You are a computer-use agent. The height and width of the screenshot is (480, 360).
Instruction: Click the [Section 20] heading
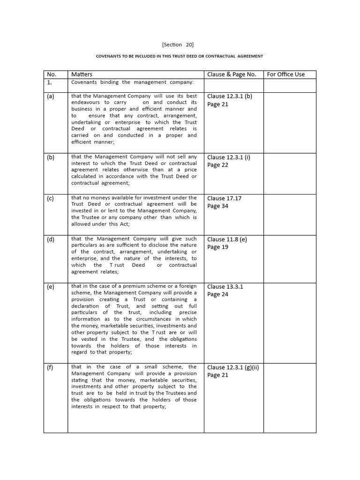(178, 45)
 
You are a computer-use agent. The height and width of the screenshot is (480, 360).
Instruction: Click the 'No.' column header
(52, 74)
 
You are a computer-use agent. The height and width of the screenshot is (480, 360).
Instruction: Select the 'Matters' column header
(82, 74)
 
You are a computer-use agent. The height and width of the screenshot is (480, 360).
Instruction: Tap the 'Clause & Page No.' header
(232, 74)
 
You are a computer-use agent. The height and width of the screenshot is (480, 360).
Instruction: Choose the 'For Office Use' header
(285, 74)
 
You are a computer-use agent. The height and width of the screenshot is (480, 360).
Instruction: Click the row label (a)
(50, 96)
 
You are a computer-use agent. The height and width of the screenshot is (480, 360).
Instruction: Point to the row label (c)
(50, 198)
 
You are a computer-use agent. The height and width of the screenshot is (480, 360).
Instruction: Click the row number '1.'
(49, 82)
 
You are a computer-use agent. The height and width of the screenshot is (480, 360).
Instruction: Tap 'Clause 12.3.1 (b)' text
(230, 96)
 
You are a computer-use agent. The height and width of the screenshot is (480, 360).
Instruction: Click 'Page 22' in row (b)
(217, 165)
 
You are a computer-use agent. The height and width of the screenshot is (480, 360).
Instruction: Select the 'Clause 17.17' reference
(225, 198)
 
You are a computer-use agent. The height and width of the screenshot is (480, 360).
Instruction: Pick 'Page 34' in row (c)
(217, 206)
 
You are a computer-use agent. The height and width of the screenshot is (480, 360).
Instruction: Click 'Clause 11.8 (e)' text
(227, 239)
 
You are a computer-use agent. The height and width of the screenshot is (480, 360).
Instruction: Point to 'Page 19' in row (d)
(217, 247)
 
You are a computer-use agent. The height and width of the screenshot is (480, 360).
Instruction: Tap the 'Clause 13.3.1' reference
(225, 286)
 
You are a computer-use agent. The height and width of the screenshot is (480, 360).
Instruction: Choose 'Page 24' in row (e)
(217, 294)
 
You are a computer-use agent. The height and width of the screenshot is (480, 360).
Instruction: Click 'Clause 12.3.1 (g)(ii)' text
(233, 367)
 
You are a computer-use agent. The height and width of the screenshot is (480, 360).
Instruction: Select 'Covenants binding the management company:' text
(132, 82)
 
